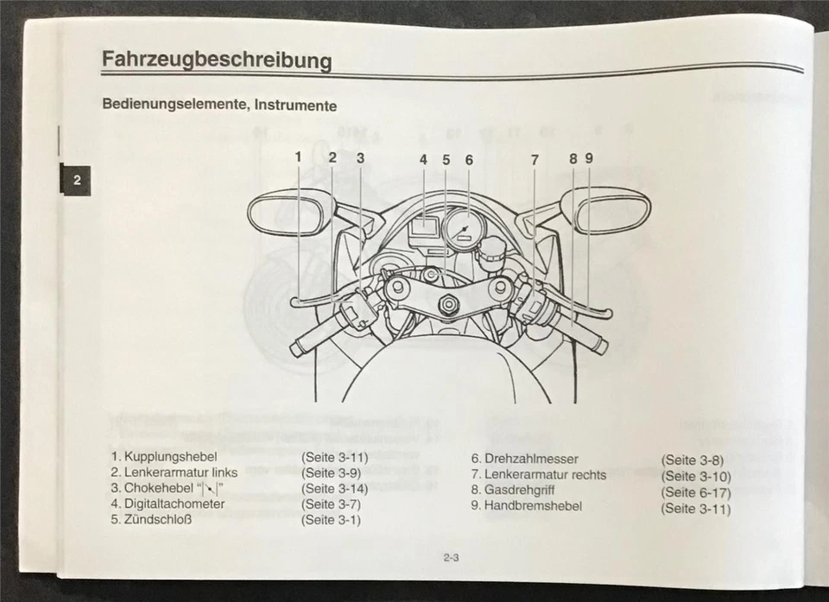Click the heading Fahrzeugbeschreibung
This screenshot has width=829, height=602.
(217, 60)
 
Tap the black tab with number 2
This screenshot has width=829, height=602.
(76, 181)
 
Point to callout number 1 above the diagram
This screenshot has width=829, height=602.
(298, 158)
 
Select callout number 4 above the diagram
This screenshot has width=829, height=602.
(423, 159)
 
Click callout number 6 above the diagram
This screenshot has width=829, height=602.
(469, 159)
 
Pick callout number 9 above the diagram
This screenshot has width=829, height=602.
(589, 158)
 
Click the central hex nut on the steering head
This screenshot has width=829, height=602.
(448, 304)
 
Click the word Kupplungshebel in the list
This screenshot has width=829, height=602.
(170, 456)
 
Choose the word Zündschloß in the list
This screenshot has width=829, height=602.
(157, 520)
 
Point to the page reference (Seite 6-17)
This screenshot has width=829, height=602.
(695, 491)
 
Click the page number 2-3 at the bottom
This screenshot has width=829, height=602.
(451, 558)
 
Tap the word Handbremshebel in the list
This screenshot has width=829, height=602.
(533, 505)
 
